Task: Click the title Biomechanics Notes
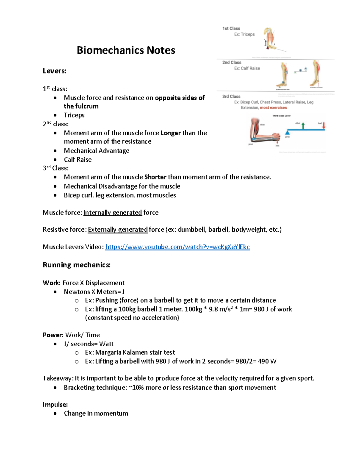(126, 50)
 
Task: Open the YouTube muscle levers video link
(177, 247)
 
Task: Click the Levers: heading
(55, 71)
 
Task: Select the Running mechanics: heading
(76, 265)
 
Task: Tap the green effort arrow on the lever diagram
(303, 125)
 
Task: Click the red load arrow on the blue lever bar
(324, 126)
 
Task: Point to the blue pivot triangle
(287, 132)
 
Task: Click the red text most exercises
(273, 108)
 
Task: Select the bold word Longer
(170, 133)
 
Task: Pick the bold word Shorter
(155, 177)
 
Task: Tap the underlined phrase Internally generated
(112, 213)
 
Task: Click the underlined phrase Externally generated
(118, 230)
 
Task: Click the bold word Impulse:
(55, 404)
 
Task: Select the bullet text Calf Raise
(78, 160)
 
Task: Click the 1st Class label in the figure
(231, 29)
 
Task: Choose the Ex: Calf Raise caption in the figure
(247, 68)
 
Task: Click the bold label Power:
(53, 335)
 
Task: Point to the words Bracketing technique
(95, 388)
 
